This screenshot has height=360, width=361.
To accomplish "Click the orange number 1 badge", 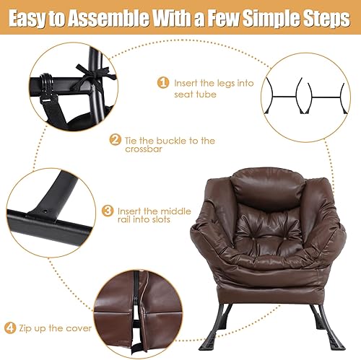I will click(x=163, y=82).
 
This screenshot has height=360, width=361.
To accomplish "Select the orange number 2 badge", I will click(x=115, y=140).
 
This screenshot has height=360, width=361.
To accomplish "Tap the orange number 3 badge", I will click(x=108, y=211).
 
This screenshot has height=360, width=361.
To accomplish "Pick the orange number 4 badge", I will click(x=10, y=328).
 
